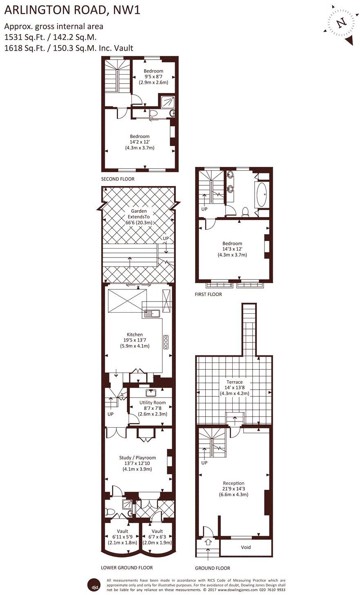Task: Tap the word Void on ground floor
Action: tap(246, 547)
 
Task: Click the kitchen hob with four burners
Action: tap(166, 342)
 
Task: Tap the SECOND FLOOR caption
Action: tap(118, 179)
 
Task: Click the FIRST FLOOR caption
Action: tap(208, 294)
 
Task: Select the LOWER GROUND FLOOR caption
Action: tap(127, 568)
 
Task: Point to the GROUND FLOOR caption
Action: tap(212, 568)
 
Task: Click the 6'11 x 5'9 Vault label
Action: tap(122, 537)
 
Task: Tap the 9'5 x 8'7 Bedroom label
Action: tap(153, 76)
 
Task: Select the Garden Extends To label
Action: tap(139, 217)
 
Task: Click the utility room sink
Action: tap(151, 393)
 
